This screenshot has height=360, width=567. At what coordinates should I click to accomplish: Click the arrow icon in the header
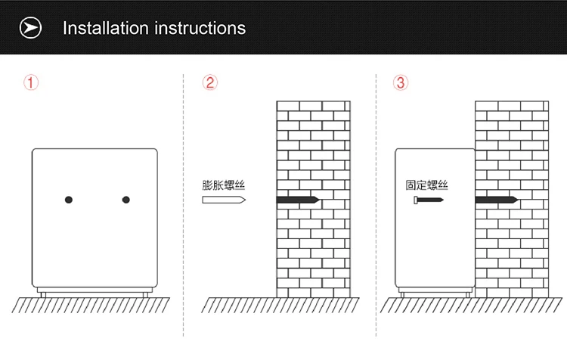click(x=30, y=27)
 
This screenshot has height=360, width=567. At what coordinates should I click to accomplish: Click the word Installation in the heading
click(x=106, y=28)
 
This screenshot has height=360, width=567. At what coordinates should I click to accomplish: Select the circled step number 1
click(x=31, y=82)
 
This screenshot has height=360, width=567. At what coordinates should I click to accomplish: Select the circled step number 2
click(x=209, y=82)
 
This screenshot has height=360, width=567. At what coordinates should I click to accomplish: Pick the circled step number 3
click(x=400, y=82)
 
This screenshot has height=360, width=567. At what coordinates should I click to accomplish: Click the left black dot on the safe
click(x=69, y=200)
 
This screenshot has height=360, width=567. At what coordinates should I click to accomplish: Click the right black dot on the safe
click(x=125, y=200)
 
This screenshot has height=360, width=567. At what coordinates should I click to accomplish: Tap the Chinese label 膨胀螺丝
click(x=224, y=185)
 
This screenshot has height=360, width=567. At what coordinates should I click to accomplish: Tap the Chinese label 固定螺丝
click(x=426, y=185)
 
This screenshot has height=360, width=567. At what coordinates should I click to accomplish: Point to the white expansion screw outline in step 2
click(x=224, y=200)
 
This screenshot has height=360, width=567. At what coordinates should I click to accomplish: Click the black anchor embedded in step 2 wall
click(x=298, y=200)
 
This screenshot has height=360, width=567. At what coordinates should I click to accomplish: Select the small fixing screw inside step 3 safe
click(x=429, y=200)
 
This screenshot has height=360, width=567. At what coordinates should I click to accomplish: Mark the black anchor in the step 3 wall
click(x=497, y=200)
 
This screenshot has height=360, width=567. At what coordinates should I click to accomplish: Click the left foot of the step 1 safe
click(x=43, y=295)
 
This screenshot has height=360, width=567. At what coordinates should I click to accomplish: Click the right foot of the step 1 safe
click(x=145, y=295)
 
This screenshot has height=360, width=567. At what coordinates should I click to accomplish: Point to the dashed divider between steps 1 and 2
click(x=184, y=205)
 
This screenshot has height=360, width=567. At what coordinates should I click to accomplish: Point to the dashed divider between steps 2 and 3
click(x=376, y=205)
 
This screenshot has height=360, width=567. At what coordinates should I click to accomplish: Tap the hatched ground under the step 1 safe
click(x=91, y=305)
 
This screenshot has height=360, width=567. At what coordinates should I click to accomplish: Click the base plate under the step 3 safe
click(x=435, y=290)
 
